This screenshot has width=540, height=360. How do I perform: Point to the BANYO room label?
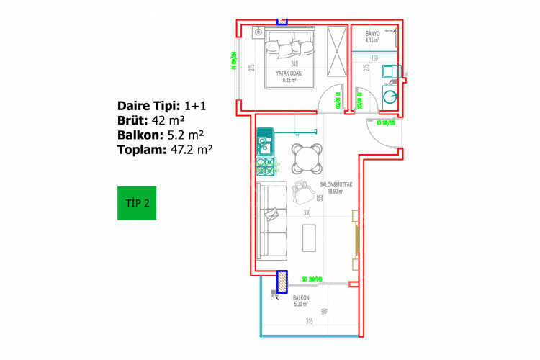(372, 34)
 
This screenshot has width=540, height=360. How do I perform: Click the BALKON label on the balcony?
(301, 298)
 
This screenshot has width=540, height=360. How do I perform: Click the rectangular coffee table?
(310, 237)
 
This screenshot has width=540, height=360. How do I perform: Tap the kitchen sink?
(264, 149)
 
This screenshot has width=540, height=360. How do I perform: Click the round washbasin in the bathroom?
(390, 96)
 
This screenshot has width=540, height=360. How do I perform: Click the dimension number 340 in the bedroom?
(294, 64)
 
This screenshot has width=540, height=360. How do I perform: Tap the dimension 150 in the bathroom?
(374, 58)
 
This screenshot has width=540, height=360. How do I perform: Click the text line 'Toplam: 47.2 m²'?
(165, 150)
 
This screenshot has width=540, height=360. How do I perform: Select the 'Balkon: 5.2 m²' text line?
(160, 135)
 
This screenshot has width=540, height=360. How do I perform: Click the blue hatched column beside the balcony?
(282, 282)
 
